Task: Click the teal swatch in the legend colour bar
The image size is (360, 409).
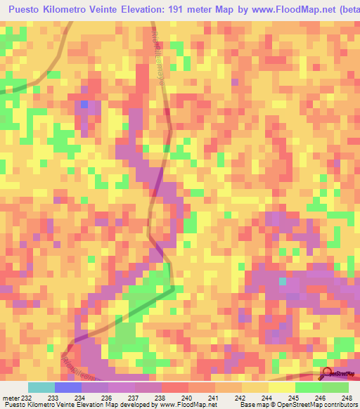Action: click(x=41, y=388)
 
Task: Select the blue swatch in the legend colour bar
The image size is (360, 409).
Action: click(x=68, y=388)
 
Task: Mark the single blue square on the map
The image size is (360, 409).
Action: click(x=84, y=104)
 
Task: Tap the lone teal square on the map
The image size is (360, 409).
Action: click(x=283, y=281)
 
